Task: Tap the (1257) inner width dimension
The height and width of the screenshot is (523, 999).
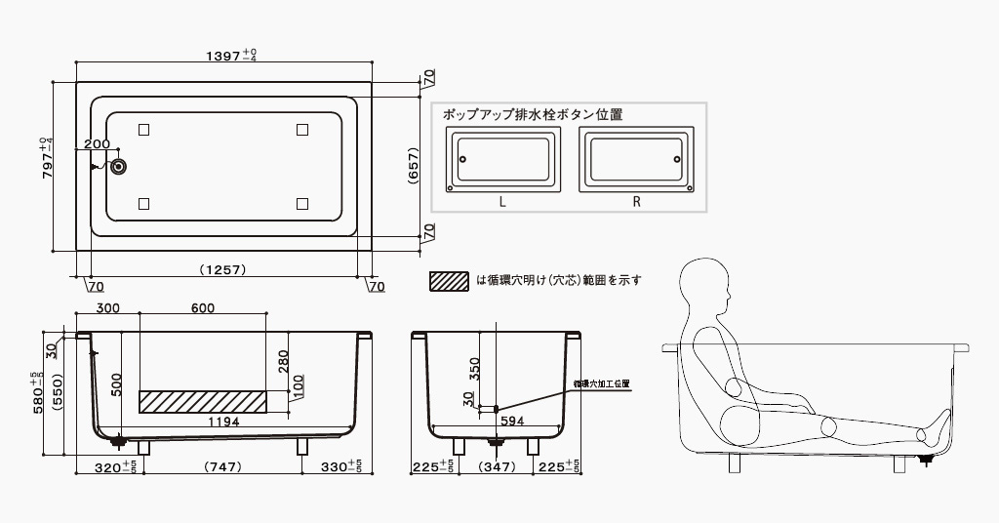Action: click(221, 269)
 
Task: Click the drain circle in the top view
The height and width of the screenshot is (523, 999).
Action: click(118, 167)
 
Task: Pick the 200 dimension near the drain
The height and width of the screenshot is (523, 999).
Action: click(97, 144)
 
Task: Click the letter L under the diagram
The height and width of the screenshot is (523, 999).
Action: click(501, 202)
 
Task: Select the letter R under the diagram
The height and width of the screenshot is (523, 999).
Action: click(635, 202)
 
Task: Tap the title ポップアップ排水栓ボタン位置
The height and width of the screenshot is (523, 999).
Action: click(533, 114)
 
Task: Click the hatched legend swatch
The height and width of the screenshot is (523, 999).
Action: click(449, 280)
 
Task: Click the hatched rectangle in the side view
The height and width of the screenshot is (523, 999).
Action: click(202, 401)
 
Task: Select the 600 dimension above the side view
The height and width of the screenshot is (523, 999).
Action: click(203, 308)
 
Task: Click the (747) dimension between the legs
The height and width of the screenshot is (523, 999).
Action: click(222, 467)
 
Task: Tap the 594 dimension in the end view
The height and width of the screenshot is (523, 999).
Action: click(513, 422)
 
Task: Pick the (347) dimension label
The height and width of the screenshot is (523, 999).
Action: click(498, 467)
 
